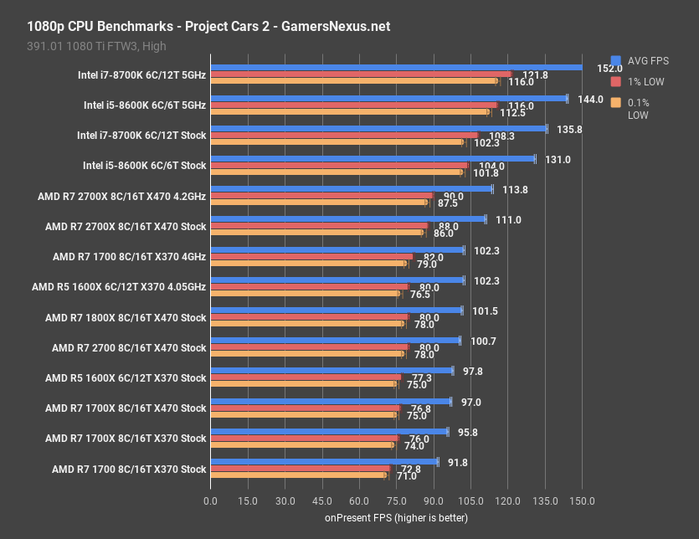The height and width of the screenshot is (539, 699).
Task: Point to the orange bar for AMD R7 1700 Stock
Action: click(298, 475)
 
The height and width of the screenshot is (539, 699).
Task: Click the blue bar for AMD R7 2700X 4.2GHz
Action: click(351, 189)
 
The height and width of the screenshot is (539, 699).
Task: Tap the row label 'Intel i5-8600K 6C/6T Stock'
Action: click(145, 166)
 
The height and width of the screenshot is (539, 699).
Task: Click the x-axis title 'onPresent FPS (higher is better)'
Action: click(396, 518)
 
